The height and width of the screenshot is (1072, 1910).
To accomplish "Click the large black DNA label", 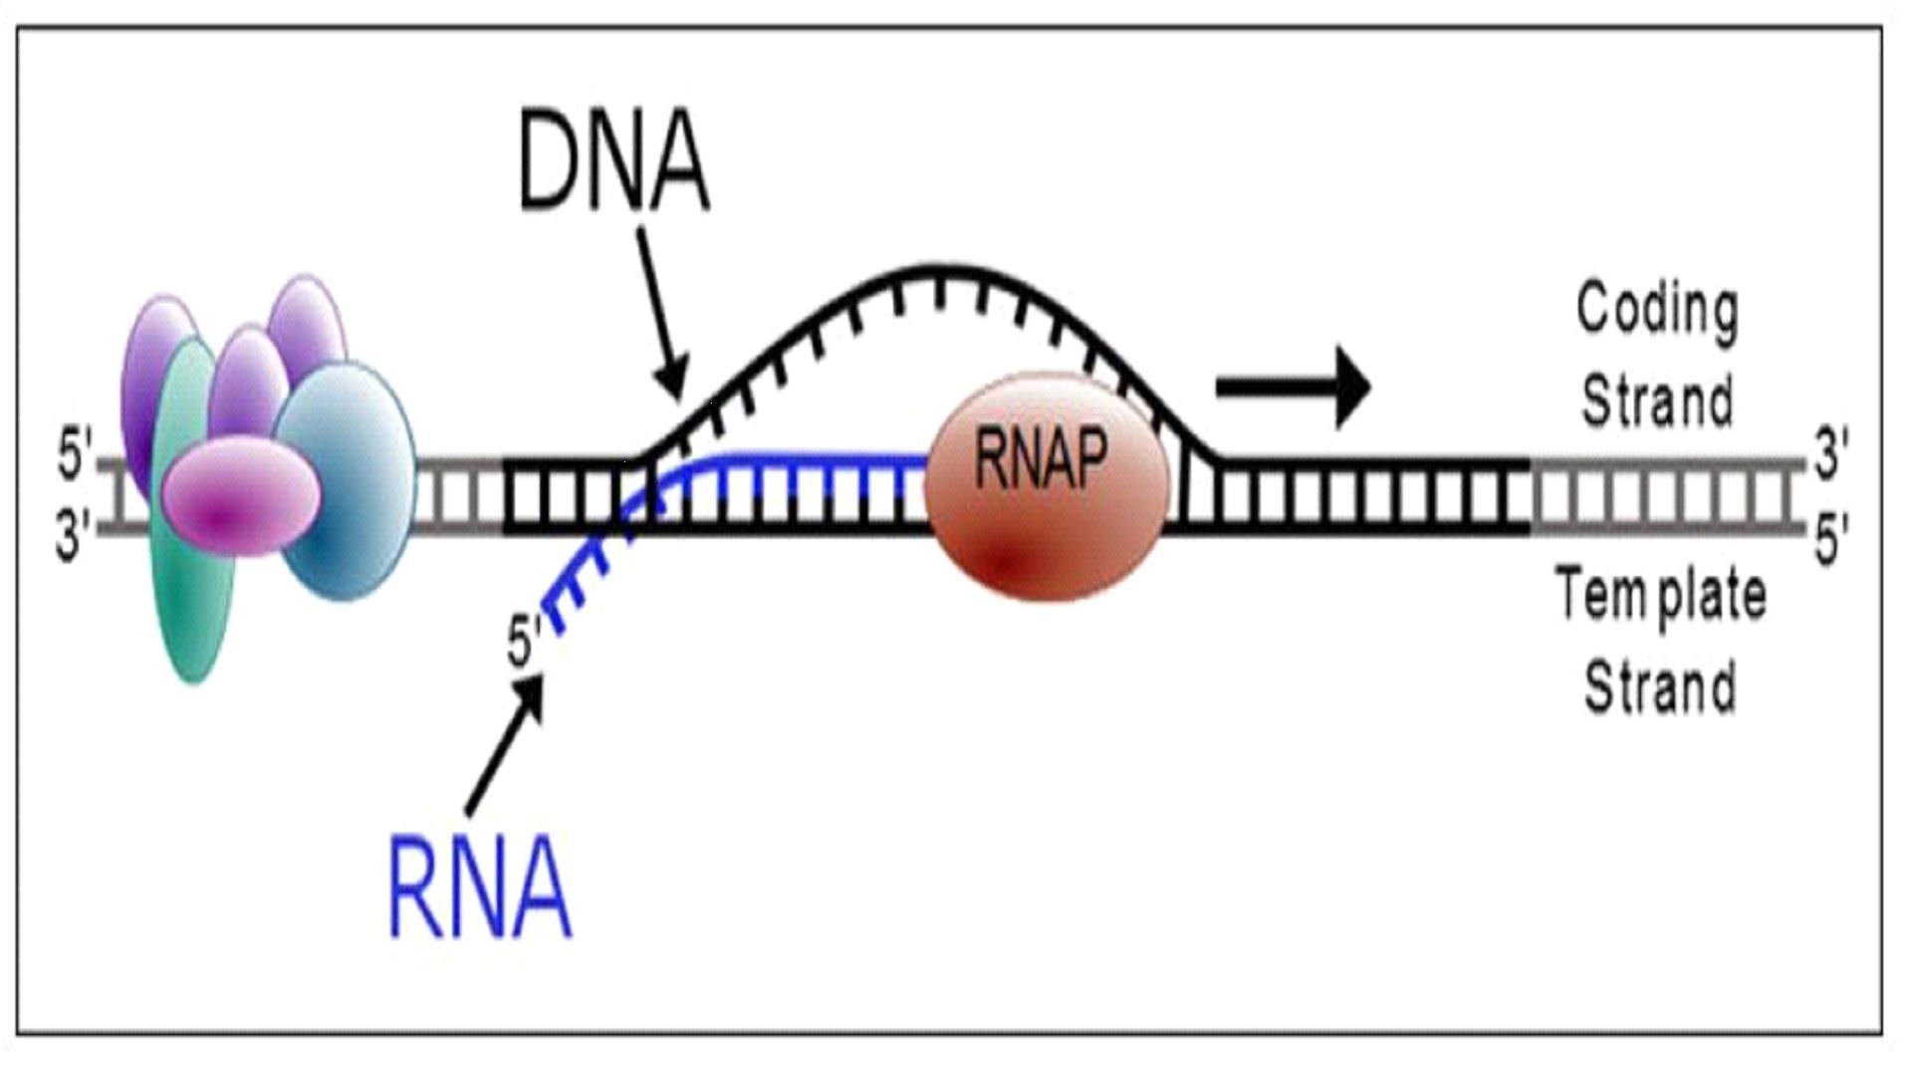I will coord(613,161).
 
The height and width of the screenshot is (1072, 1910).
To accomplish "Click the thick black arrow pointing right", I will coord(1294,387).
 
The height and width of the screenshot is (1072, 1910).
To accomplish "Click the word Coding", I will coord(1658,311).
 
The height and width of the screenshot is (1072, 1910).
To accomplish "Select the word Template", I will coord(1661,595).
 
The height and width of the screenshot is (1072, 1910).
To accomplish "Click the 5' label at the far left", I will coord(74,456).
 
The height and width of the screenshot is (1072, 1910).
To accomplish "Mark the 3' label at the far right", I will coord(1831,454).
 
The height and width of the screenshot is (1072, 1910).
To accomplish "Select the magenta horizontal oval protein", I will coord(241,495).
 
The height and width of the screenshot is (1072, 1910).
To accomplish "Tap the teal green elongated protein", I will coord(192,598).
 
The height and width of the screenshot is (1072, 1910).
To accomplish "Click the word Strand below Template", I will coord(1660,685).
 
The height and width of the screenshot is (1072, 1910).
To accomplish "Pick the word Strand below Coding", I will coord(1658,400).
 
